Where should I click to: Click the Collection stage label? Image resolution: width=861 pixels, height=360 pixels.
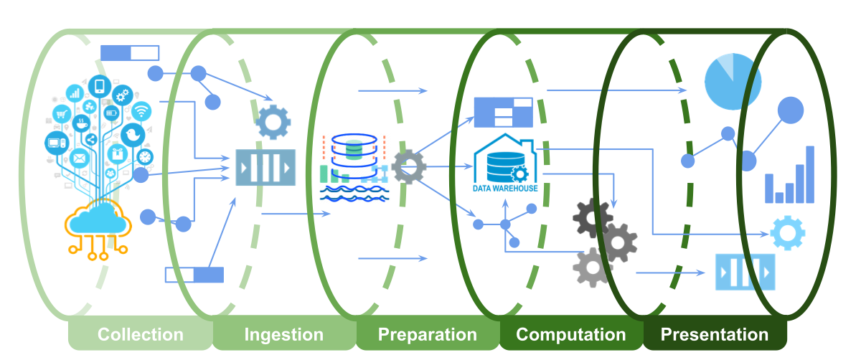point(141,334)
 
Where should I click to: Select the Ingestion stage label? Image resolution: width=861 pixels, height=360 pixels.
point(284,334)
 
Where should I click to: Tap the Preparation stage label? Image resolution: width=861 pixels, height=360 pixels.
point(428,334)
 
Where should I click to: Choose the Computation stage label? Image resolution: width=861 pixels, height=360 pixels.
point(571,334)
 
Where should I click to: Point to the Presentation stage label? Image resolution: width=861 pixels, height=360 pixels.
point(715,334)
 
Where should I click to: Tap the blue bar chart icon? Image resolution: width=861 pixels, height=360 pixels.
point(789,176)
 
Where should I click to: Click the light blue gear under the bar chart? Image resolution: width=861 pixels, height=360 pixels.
point(787,232)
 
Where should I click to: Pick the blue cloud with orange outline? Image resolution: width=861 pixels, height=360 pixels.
point(98,219)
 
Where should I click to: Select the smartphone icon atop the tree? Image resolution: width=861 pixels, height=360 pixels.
point(100,86)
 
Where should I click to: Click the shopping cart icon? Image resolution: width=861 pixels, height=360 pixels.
point(61,113)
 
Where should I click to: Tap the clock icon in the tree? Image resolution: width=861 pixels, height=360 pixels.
point(145,156)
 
